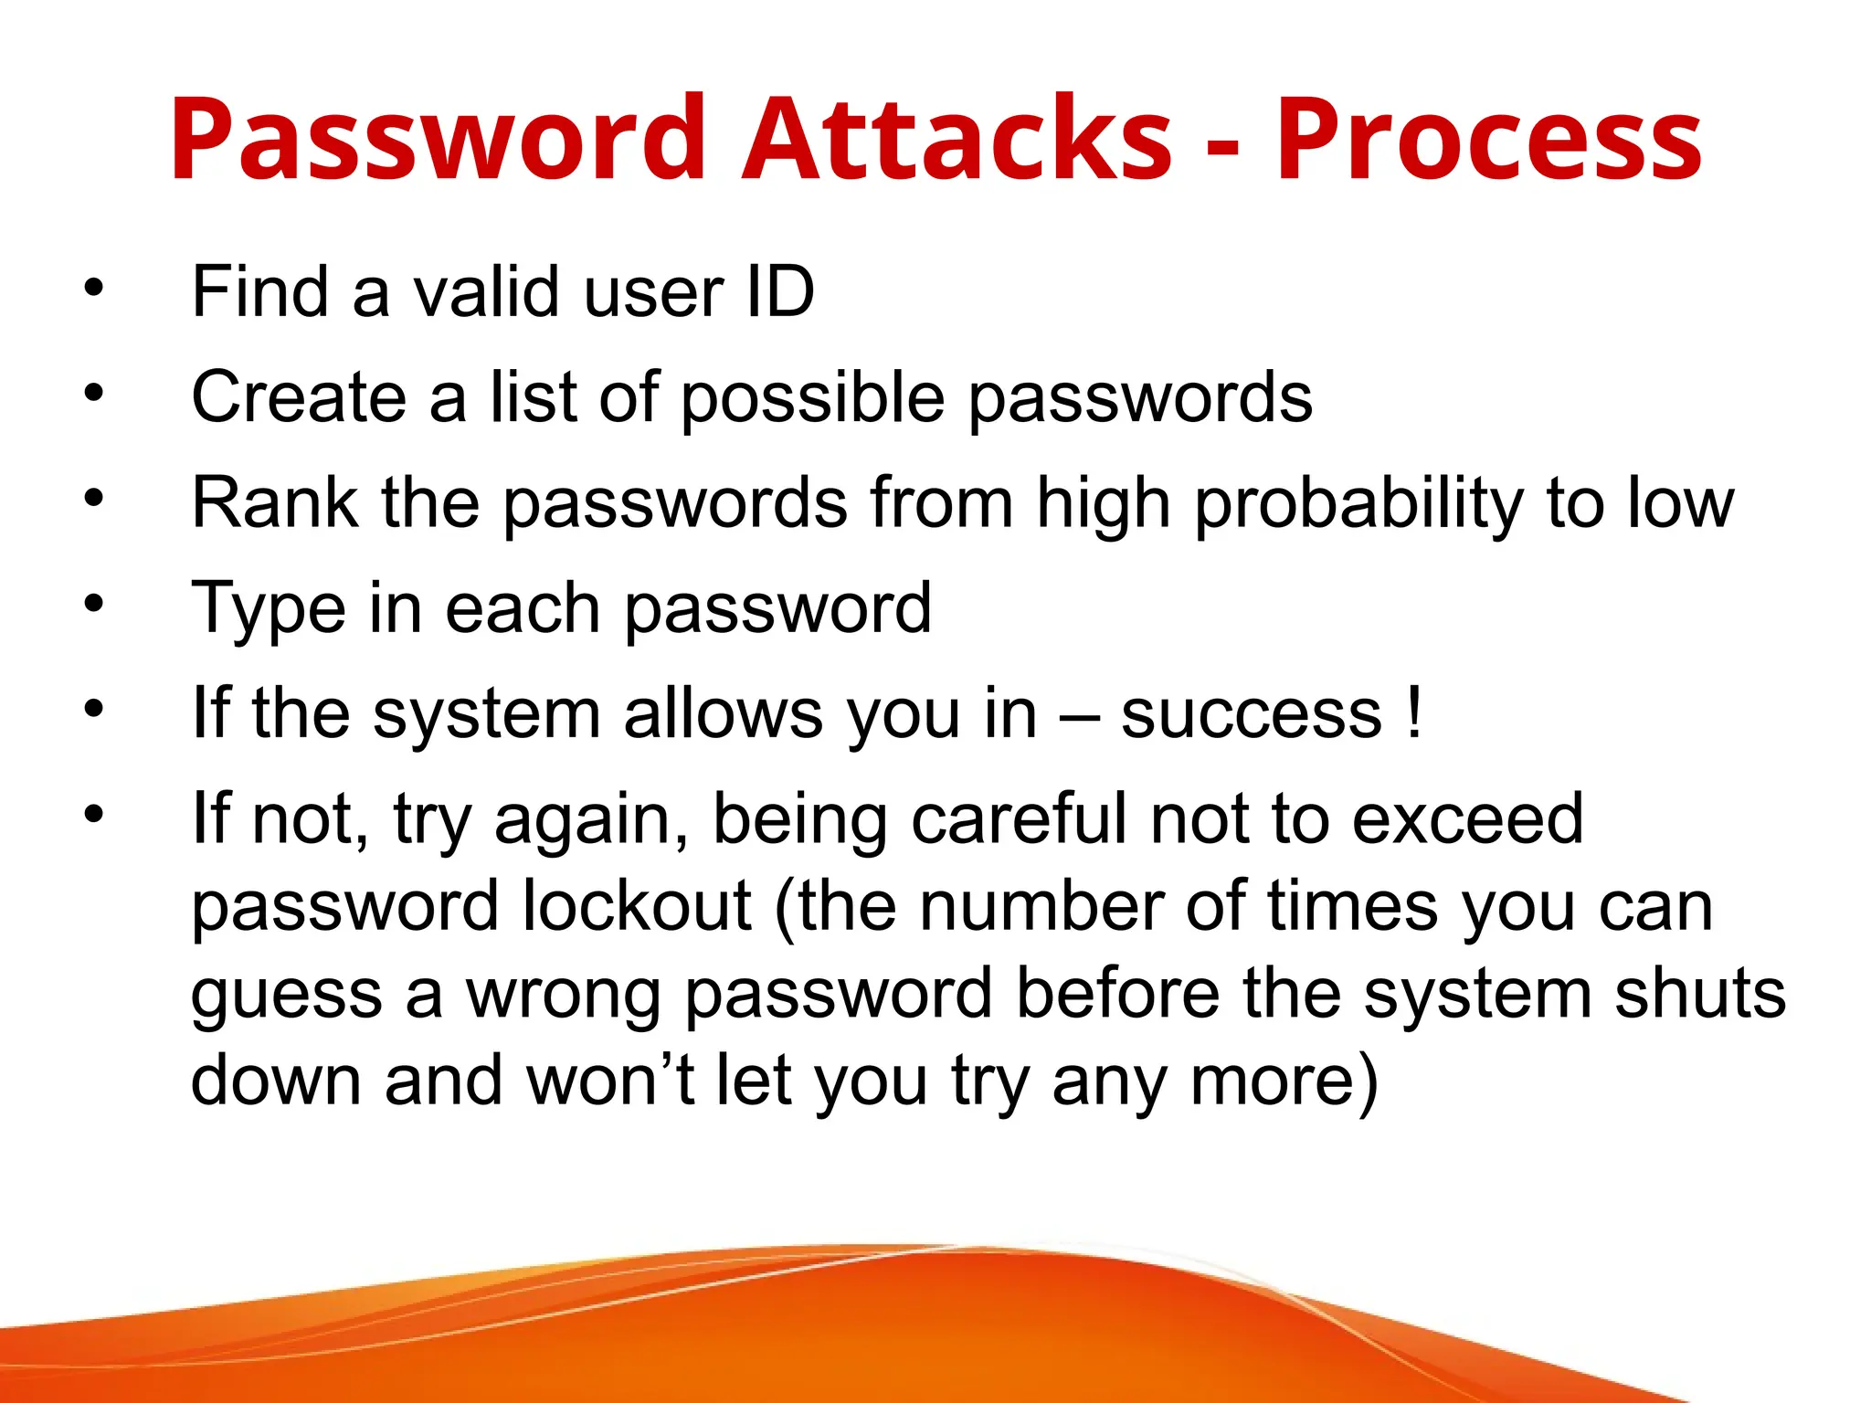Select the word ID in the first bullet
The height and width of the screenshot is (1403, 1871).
(779, 292)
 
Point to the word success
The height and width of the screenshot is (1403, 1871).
(1252, 713)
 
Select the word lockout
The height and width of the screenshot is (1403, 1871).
(637, 906)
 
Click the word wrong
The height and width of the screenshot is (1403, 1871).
(564, 995)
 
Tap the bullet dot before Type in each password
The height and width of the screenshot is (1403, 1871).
(94, 604)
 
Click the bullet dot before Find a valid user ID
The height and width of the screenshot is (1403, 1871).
(94, 289)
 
